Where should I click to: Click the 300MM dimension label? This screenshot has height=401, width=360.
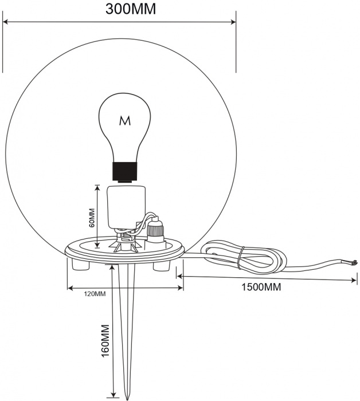click(x=131, y=10)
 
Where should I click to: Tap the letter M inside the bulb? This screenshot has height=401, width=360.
click(x=125, y=121)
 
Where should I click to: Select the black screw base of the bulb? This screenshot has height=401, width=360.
click(x=125, y=172)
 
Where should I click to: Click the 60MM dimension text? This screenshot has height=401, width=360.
click(x=92, y=218)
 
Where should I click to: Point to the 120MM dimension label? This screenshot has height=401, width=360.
click(x=95, y=294)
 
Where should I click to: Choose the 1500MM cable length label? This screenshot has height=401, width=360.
click(x=261, y=287)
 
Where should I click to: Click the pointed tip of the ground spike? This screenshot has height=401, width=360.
click(x=127, y=398)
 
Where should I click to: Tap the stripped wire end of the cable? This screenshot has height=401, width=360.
click(x=354, y=262)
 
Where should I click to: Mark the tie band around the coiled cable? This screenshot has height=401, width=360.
click(x=240, y=258)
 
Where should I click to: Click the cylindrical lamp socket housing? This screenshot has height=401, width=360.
click(x=126, y=207)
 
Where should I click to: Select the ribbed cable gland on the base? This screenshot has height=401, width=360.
click(x=155, y=230)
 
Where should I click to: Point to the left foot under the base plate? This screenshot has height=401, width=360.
click(x=81, y=265)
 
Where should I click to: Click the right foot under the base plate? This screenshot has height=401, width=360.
click(x=162, y=265)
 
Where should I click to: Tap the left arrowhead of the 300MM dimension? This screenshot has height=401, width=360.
click(x=6, y=22)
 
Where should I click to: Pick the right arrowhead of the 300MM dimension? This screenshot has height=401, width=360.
click(x=233, y=22)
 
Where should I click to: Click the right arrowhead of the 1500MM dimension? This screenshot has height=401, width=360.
click(x=353, y=280)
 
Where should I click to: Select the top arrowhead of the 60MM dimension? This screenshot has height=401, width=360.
click(x=97, y=188)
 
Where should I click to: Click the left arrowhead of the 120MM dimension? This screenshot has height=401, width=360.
click(x=71, y=288)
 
